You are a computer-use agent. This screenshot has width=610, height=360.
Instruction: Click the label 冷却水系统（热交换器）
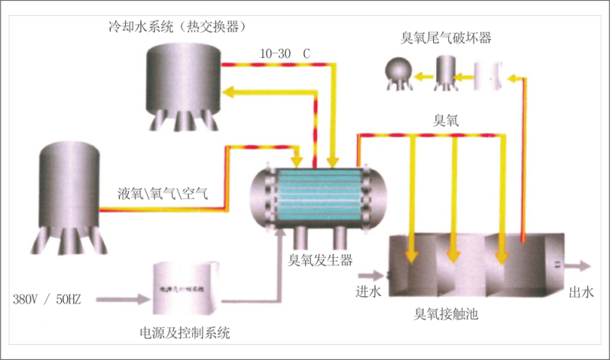[x=177, y=27]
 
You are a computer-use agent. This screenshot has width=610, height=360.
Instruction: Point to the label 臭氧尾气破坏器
[x=446, y=37]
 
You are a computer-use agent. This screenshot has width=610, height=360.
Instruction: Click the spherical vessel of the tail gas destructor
[x=397, y=72]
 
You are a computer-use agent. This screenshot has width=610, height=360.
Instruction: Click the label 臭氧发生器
[x=319, y=261]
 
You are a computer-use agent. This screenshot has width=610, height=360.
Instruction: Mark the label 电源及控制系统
[x=185, y=333]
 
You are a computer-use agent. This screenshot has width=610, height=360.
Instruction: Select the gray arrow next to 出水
[x=576, y=266]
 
